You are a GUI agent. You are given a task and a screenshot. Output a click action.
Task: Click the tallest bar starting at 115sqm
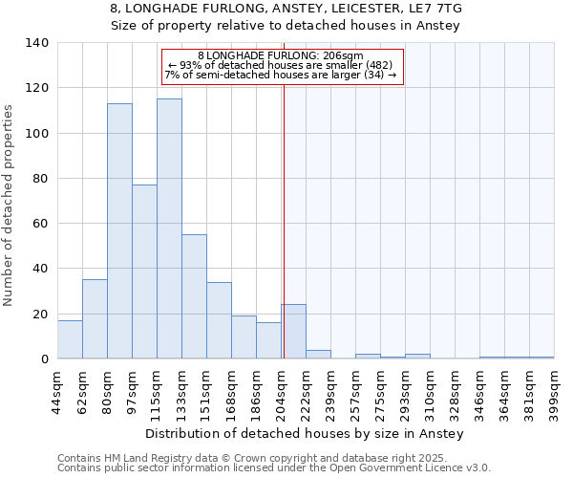click(x=169, y=228)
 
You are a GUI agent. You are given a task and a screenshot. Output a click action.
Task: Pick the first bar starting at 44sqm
click(x=70, y=339)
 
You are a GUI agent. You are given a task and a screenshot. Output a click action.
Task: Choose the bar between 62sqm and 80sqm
click(x=95, y=319)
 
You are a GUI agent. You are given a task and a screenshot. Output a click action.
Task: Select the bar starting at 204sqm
click(x=293, y=332)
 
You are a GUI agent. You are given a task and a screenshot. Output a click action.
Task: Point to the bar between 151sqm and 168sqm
click(x=219, y=320)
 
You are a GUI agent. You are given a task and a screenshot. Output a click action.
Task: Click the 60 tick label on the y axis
click(x=40, y=224)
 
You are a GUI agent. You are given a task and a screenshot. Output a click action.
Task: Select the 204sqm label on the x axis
click(x=281, y=390)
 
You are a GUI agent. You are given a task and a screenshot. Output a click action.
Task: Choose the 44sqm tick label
click(x=57, y=390)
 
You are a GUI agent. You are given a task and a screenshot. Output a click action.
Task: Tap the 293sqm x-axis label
click(x=405, y=390)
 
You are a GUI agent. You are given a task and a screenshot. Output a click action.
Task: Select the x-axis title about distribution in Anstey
click(x=305, y=434)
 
